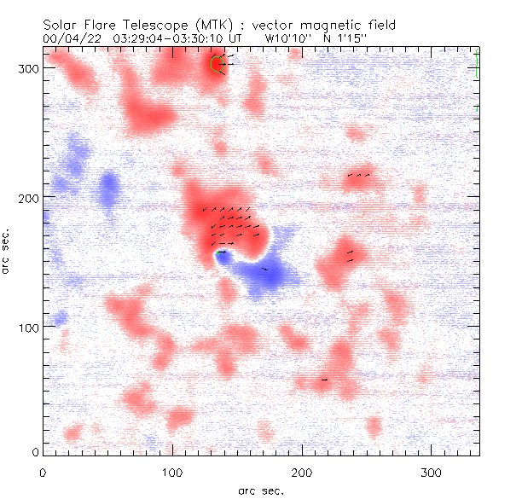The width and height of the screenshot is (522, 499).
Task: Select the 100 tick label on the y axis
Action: click(27, 328)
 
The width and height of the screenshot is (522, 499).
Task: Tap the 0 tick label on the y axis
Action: click(34, 451)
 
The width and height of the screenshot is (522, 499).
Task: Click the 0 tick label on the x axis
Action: click(43, 471)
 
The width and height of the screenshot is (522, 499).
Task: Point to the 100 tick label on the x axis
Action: click(172, 471)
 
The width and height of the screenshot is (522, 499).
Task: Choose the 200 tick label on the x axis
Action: click(302, 471)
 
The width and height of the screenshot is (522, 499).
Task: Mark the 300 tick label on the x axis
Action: click(432, 471)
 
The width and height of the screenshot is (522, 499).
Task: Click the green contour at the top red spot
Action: click(215, 64)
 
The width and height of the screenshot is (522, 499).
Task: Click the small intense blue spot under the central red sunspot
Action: click(221, 257)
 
